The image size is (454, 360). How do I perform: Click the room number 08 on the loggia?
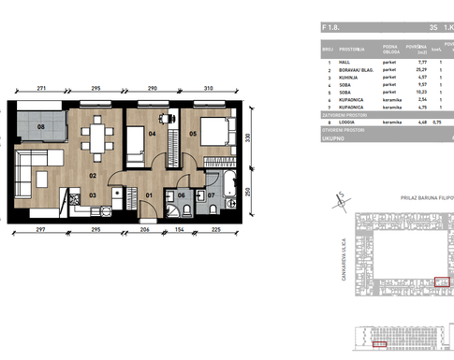(41, 126)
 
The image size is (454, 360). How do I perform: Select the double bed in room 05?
(212, 130)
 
